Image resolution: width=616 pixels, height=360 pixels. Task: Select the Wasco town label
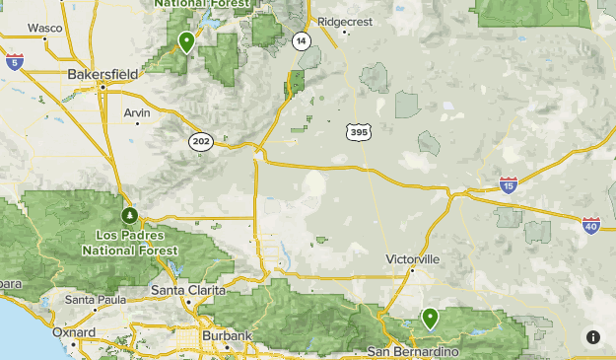point(43,28)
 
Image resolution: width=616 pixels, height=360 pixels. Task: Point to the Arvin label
point(137,112)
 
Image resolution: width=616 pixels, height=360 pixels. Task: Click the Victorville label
point(412,258)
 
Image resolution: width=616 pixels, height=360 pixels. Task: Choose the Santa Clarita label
point(188,290)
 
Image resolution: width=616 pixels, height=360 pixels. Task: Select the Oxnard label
point(74,332)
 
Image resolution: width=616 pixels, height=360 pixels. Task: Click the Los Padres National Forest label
point(137,243)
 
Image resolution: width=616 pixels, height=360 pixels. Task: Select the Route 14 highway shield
point(300,40)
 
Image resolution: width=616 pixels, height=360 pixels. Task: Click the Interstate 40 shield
point(590,226)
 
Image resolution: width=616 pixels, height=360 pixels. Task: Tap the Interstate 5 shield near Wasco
point(14,62)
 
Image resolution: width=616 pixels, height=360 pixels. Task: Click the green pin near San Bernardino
point(430,319)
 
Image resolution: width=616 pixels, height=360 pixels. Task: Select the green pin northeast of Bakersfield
point(186,42)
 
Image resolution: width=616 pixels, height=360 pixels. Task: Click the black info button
point(592,337)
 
